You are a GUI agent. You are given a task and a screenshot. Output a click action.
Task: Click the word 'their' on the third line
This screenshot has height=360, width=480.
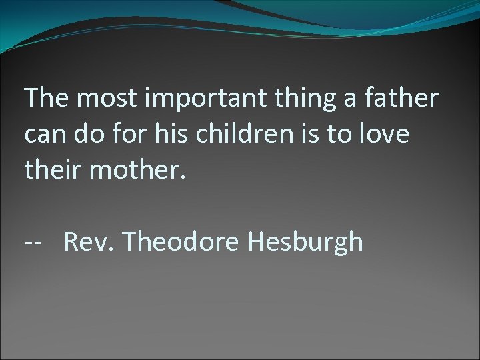point(51,171)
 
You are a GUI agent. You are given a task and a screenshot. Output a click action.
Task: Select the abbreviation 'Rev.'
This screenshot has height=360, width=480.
point(88,241)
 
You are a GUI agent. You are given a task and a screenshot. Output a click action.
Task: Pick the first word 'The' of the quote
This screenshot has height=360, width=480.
point(46,99)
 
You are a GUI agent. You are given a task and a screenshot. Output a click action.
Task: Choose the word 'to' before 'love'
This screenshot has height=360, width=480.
point(345,135)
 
